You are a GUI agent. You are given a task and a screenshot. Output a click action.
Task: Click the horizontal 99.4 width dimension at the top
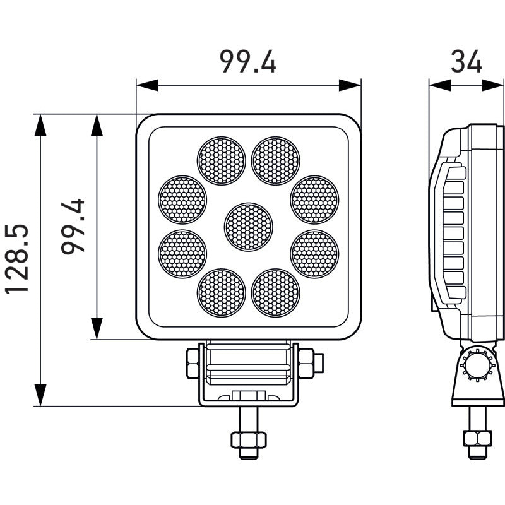coord(247,62)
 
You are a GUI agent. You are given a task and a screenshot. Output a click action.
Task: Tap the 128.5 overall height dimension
coord(18,259)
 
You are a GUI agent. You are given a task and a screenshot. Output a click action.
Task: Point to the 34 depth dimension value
coord(466,62)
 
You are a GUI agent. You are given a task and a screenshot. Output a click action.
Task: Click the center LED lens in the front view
coord(249,226)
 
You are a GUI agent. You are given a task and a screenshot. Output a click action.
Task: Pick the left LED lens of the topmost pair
coord(221,161)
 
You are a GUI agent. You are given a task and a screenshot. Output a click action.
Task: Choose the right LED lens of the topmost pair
coord(276,161)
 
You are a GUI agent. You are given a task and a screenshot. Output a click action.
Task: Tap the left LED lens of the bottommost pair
coord(221,292)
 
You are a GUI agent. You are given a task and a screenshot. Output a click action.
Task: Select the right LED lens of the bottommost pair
coord(276,292)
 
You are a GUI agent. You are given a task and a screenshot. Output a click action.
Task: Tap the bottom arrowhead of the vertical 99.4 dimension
coord(97,329)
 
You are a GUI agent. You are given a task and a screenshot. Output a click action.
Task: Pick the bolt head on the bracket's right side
coord(308,363)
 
